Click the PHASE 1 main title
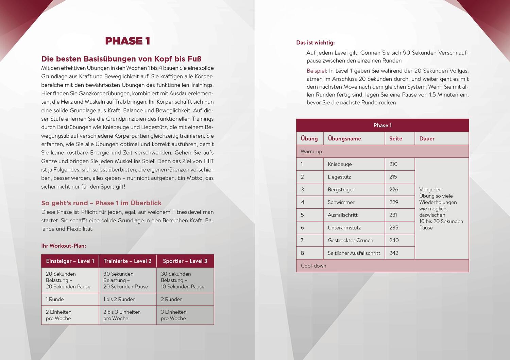(x=128, y=41)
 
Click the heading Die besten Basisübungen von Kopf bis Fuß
(x=121, y=59)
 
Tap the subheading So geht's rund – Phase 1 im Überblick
(x=101, y=203)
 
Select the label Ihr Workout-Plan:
(x=64, y=246)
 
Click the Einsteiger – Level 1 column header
(x=70, y=261)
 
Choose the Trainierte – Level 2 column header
(x=128, y=261)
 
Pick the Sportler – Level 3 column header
(x=185, y=261)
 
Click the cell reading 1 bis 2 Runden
(x=119, y=299)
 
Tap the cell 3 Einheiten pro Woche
(x=173, y=315)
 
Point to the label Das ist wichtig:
(x=316, y=42)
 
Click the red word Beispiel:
(x=317, y=71)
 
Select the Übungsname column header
(x=344, y=139)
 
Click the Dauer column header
(x=427, y=139)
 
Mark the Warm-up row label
(x=311, y=152)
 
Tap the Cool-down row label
(x=313, y=266)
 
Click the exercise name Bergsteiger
(x=341, y=190)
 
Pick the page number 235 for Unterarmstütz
(x=394, y=228)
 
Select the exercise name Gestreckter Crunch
(x=351, y=240)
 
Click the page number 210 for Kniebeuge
(x=393, y=164)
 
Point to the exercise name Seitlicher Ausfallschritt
(x=354, y=253)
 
